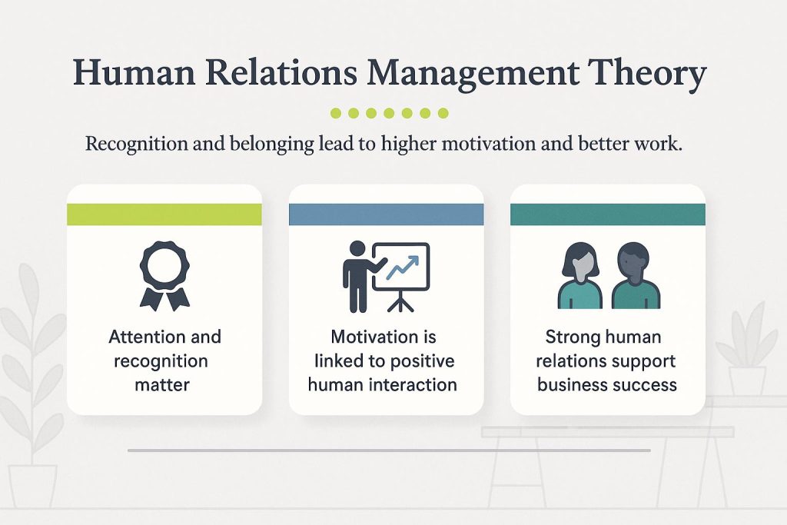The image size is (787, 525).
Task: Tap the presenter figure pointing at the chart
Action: (x=357, y=276)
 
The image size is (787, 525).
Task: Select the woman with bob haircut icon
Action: (x=580, y=276)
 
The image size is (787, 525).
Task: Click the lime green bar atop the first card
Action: (x=164, y=214)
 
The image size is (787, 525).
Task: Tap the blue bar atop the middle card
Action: (x=386, y=214)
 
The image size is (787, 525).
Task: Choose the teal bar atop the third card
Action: (x=607, y=214)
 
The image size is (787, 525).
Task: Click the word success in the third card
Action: (x=652, y=384)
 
